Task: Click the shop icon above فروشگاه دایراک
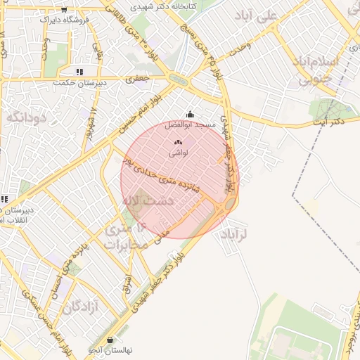(x=65, y=10)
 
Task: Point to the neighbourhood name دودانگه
(x=26, y=117)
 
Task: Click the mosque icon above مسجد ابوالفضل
(x=189, y=115)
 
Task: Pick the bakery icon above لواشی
(x=176, y=142)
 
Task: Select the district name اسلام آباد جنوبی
(x=325, y=70)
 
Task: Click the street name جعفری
(x=139, y=79)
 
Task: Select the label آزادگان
(x=79, y=307)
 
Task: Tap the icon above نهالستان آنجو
(x=111, y=340)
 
